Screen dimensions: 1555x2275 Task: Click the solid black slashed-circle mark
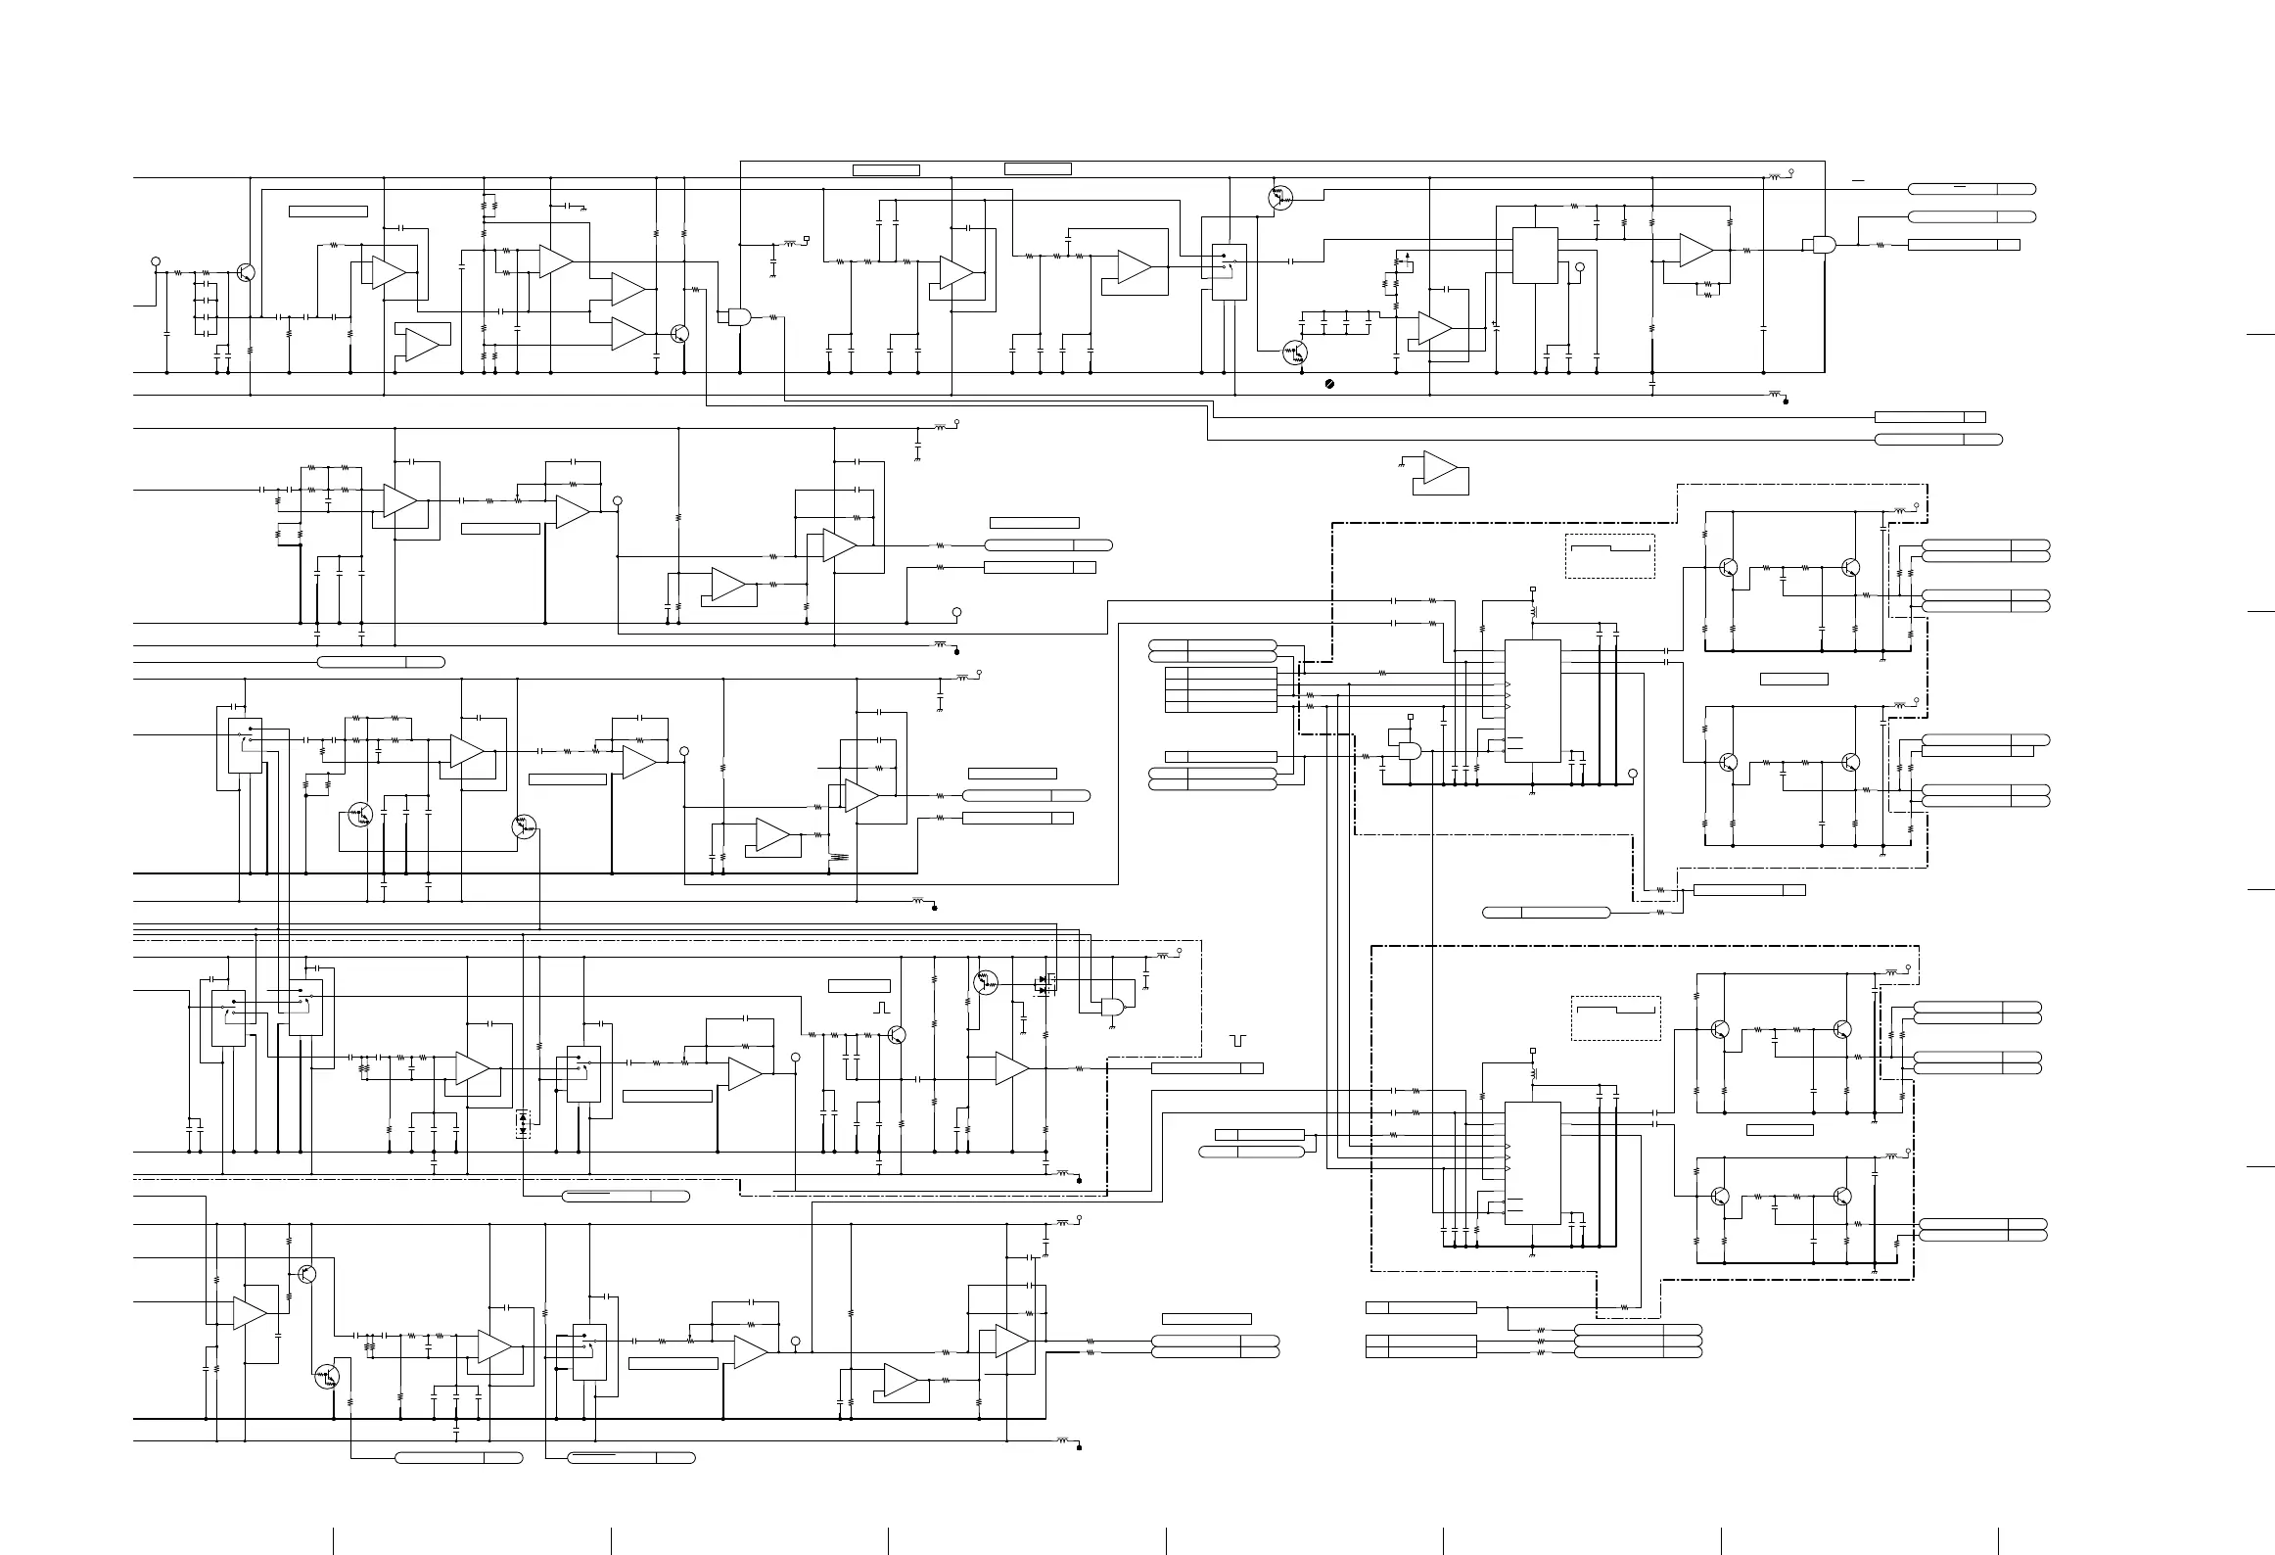click(x=1328, y=385)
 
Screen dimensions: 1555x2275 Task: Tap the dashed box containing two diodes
click(x=523, y=1123)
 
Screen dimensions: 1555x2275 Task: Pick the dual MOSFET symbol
click(x=1045, y=984)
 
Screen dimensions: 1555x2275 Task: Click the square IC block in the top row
click(x=1535, y=256)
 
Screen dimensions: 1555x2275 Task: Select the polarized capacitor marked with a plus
click(x=1495, y=325)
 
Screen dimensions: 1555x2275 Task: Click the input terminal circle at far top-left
click(x=155, y=261)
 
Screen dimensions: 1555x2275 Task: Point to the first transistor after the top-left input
click(x=246, y=273)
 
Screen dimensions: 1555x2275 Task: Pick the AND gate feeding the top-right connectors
click(x=1823, y=245)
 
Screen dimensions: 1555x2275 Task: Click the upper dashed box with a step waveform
click(x=1609, y=555)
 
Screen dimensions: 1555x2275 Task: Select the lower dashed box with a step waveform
click(x=1615, y=1018)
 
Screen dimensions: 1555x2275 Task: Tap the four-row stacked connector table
click(x=1221, y=689)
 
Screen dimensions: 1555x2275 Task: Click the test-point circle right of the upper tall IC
click(x=1632, y=774)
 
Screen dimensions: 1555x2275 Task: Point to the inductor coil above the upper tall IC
click(x=1533, y=610)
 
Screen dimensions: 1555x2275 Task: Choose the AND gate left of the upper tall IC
click(x=1411, y=752)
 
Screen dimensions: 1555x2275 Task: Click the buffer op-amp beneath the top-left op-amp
click(x=422, y=344)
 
